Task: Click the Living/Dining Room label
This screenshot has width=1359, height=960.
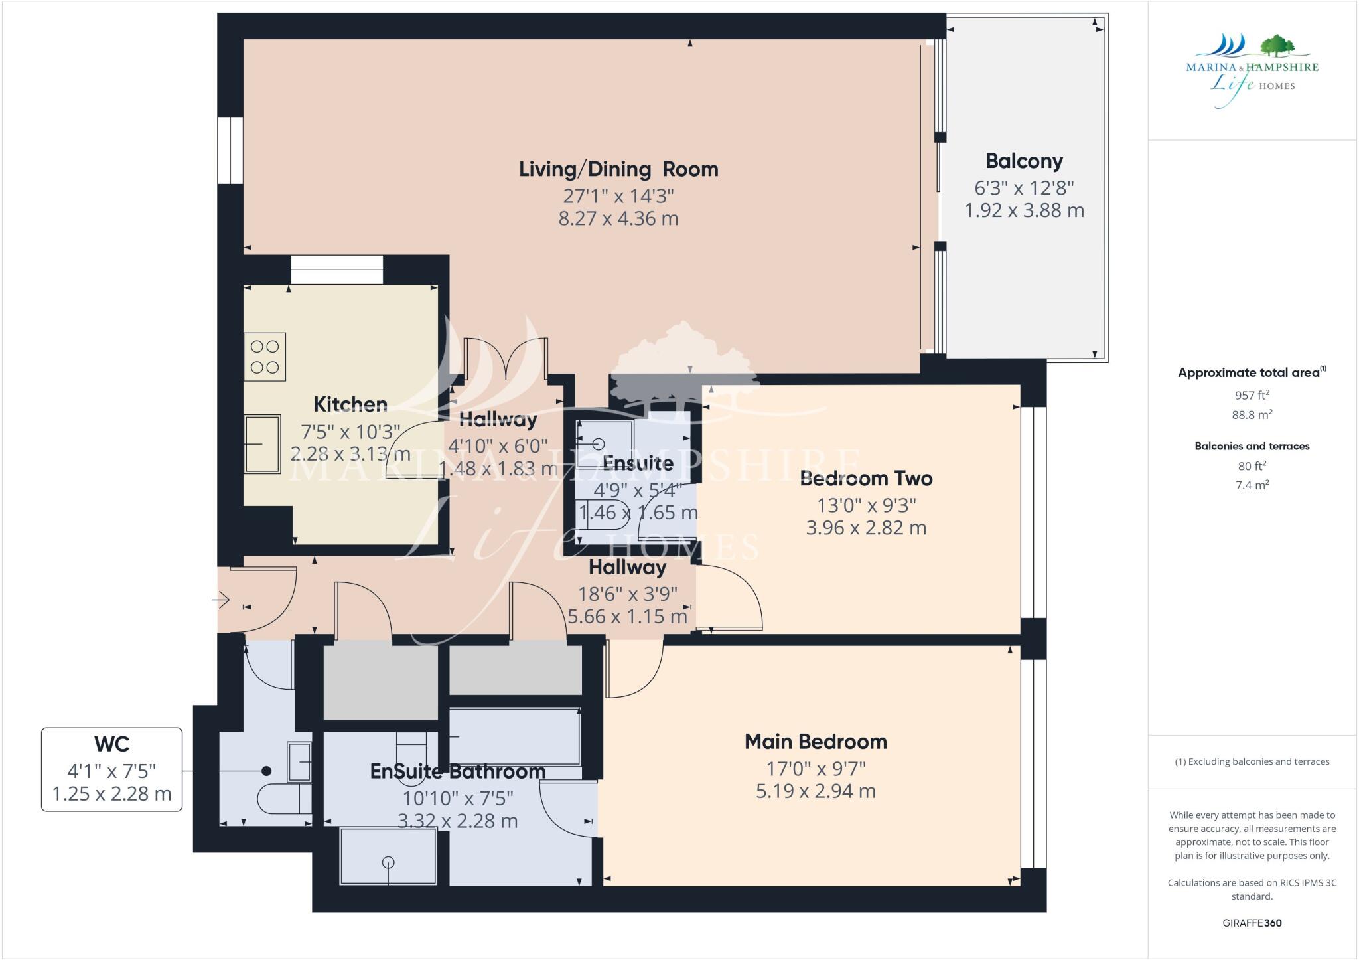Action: coord(618,169)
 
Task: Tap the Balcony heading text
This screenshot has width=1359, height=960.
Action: coord(1024,161)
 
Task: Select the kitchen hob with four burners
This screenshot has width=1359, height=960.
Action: coord(265,357)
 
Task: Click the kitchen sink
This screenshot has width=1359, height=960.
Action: coord(262,443)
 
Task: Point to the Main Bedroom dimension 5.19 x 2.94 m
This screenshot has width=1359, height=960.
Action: coord(816,791)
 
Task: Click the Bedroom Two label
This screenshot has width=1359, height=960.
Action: coord(866,479)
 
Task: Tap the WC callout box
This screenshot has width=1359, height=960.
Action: coord(111,769)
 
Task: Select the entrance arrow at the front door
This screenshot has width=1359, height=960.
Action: coord(221,601)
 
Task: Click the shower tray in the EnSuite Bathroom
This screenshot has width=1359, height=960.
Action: coord(388,856)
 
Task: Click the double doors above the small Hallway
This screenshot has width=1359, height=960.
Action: coord(506,359)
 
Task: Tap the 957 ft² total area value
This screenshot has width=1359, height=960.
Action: coord(1252,396)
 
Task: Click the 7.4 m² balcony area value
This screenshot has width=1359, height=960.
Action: coord(1252,485)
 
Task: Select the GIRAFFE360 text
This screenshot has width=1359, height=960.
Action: coord(1252,923)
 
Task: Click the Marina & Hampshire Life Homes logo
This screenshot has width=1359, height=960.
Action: coord(1252,70)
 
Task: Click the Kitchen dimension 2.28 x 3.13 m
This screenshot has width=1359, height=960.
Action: coord(350,455)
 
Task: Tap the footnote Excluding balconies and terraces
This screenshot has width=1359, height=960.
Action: coord(1252,761)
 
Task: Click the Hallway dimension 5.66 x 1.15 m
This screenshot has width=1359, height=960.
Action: coord(626,617)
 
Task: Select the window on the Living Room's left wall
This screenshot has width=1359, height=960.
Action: coord(230,150)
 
